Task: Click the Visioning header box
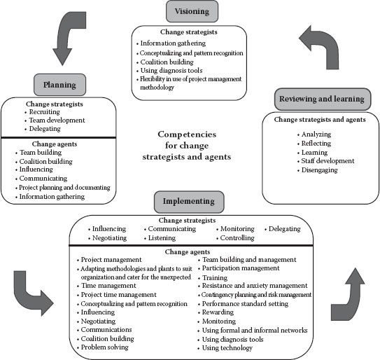point(192,11)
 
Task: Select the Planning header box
point(59,85)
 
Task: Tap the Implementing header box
point(189,202)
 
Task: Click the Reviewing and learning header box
point(323,99)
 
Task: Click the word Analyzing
point(316,134)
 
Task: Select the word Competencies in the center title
point(187,134)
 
